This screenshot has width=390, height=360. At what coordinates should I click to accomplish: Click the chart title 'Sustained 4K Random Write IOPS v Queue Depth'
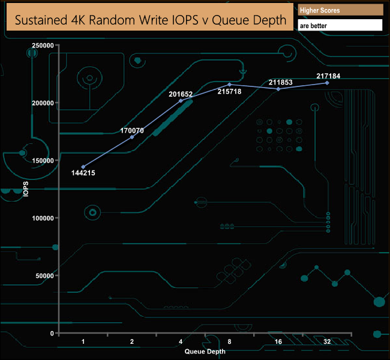[150, 20]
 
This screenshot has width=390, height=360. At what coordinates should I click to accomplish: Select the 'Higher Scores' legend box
[340, 10]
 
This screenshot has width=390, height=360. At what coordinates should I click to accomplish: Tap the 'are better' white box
[340, 26]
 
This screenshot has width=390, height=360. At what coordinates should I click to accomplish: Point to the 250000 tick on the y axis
[43, 46]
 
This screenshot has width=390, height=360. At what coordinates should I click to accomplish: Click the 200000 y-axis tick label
[43, 103]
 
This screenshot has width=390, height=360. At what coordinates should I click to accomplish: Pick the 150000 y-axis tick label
[43, 161]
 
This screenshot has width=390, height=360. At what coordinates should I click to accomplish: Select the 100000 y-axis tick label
[43, 218]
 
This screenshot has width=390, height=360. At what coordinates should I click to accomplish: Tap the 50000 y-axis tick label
[44, 276]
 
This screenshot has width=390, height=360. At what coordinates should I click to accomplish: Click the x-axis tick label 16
[278, 341]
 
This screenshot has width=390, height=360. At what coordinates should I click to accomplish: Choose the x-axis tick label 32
[327, 341]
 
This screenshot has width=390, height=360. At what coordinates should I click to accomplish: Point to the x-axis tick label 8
[230, 341]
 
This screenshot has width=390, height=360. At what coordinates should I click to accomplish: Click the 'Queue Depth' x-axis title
[205, 351]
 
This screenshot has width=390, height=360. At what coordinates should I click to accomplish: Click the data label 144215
[83, 173]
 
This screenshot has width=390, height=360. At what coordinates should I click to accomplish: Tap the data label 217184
[328, 76]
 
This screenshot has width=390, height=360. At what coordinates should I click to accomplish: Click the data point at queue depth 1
[83, 167]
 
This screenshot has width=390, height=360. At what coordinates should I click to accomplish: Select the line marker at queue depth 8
[230, 85]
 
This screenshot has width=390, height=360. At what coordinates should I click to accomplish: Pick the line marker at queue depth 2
[132, 137]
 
